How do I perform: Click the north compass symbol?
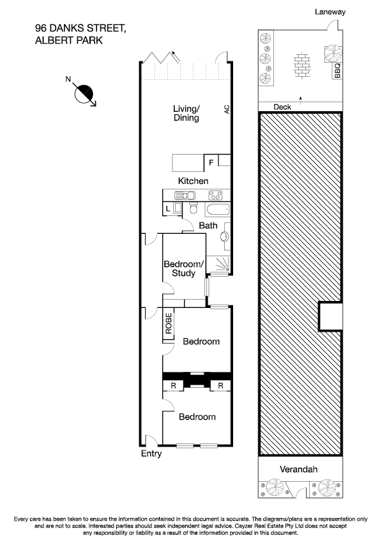coord(84,93)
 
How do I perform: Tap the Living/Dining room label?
coord(186,113)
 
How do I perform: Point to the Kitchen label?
coord(193,181)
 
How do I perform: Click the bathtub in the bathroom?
coord(217,210)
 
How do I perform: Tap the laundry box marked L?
coord(167,208)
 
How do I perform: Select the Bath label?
coord(208,226)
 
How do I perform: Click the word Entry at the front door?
coord(151,454)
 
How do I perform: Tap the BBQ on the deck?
coord(337,70)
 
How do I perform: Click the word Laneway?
coord(330,12)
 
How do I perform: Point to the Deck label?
coord(282,107)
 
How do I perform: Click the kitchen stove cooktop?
coord(215,195)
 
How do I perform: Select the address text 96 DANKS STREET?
coord(81,28)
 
